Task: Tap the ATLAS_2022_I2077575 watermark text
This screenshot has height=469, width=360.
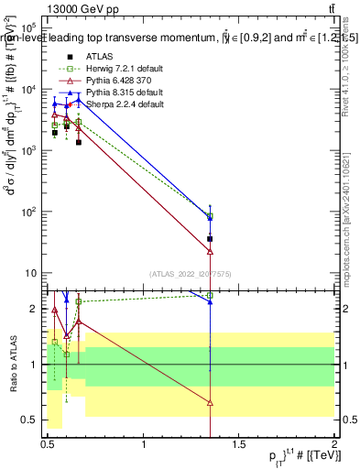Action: pos(190,274)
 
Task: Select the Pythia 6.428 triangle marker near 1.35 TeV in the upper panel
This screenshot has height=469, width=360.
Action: pos(211,251)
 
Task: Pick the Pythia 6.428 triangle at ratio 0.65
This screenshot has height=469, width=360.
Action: pos(211,403)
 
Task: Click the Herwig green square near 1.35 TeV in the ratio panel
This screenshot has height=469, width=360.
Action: pos(211,296)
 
